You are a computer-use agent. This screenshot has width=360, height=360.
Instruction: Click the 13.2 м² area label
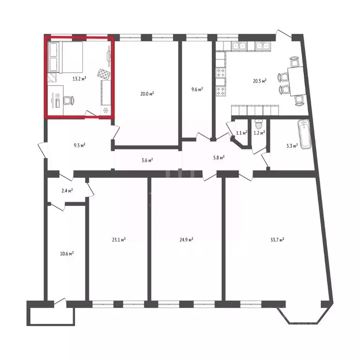(79, 79)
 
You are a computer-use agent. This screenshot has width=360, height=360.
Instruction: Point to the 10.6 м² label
(67, 254)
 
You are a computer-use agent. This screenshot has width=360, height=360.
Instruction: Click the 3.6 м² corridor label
(147, 160)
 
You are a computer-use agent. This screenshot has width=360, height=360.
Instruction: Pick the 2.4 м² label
(67, 191)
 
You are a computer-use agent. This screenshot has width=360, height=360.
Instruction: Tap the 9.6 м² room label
(197, 89)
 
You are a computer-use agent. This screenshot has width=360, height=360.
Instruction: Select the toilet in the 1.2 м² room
(258, 125)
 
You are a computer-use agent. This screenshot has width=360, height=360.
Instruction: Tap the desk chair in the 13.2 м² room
(68, 100)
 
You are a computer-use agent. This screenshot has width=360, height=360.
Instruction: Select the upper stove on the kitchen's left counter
(220, 73)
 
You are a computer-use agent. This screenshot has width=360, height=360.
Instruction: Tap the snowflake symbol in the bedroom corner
(105, 111)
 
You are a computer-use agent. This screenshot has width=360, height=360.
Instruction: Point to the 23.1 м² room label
(119, 240)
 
